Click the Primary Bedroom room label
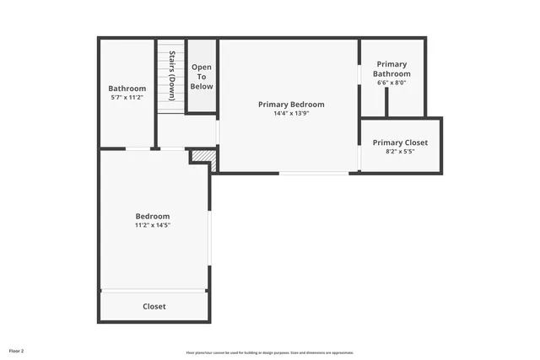point(291,105)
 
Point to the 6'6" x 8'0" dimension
point(392,83)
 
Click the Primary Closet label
point(400,142)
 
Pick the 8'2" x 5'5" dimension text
point(400,152)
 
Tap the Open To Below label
point(202,77)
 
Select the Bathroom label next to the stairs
point(127,89)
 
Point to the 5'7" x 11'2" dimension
point(127,98)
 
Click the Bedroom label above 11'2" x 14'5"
point(153,216)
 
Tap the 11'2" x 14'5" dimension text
point(153,225)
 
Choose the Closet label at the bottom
point(154,307)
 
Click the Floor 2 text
point(17,350)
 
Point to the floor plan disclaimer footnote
point(270,352)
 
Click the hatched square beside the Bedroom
point(202,158)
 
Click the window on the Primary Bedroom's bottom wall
point(313,173)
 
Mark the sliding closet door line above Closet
point(154,291)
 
